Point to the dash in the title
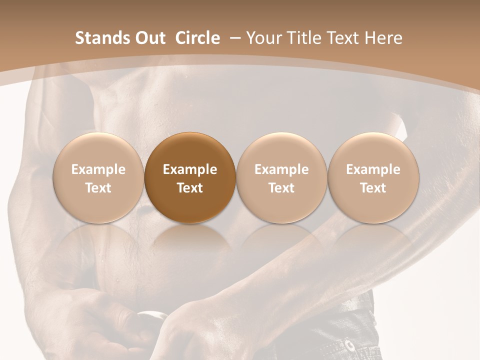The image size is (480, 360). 235,38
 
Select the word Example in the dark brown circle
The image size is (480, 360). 190,169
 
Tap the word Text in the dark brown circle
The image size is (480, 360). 190,188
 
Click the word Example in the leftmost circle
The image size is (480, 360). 98,169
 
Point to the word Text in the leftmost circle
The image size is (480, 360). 98,188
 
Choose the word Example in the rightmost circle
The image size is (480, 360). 373,169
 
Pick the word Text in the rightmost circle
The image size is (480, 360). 373,188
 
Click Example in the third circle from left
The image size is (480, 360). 281,169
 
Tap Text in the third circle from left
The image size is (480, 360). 281,188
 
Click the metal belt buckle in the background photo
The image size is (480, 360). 152,316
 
